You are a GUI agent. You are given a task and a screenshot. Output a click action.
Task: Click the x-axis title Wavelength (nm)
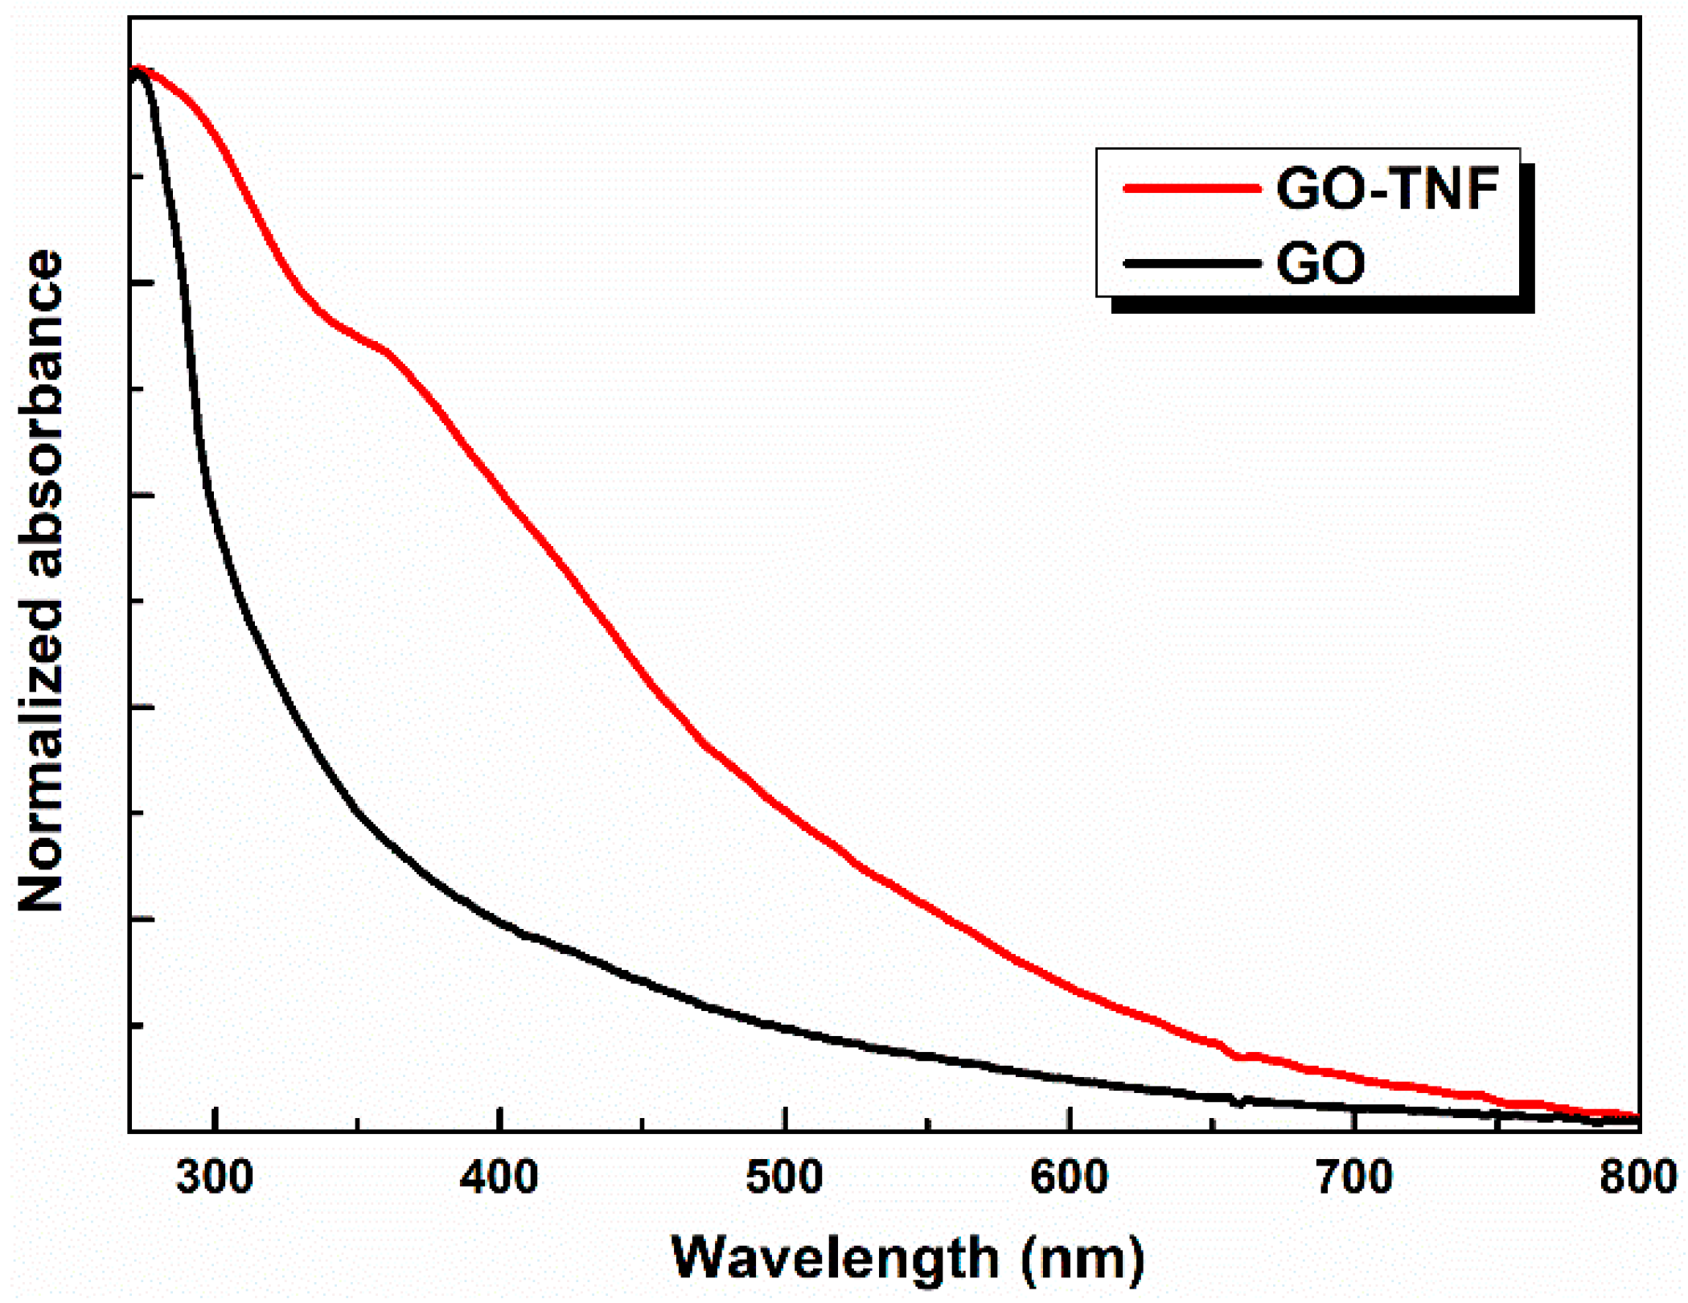click(907, 1258)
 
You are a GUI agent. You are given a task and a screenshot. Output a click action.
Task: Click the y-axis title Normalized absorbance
click(40, 581)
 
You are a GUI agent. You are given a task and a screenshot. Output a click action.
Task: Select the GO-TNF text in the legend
click(1387, 190)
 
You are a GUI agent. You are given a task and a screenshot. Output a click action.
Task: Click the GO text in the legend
click(1320, 263)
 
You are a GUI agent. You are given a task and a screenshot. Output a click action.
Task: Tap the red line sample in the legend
click(1192, 188)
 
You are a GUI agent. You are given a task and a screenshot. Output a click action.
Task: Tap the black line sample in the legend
click(1192, 263)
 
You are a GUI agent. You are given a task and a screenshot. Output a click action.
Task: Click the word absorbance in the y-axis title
click(40, 414)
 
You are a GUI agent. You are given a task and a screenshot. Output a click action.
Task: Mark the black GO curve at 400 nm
click(499, 923)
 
